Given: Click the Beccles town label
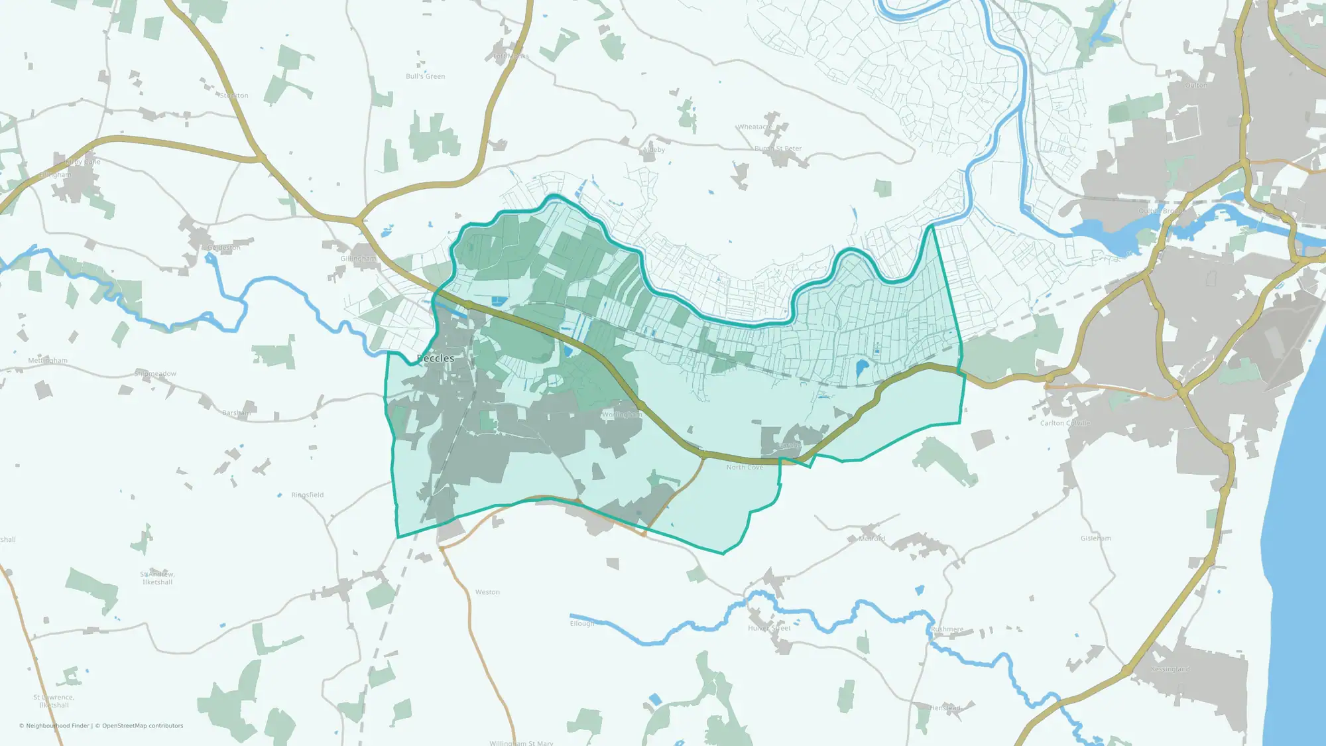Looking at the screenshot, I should point(436,359).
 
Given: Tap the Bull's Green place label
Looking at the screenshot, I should point(425,76).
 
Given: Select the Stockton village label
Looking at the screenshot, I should point(234,95).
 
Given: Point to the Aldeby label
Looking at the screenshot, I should point(654,150).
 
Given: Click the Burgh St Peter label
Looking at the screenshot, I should point(778,149).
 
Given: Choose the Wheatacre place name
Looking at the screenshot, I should point(754,127).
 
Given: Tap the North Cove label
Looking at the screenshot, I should point(745,467).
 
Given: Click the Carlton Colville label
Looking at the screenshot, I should point(1064,423).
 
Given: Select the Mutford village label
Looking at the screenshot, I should point(871,538).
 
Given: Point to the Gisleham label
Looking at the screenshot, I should point(1095,538).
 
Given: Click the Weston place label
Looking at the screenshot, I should point(487,592).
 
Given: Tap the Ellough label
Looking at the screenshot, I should point(581,623).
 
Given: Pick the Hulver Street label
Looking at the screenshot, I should point(769,628).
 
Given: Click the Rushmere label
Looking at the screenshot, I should point(947,629).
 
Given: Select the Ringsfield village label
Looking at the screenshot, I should point(307,495).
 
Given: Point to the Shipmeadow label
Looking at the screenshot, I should point(155,374).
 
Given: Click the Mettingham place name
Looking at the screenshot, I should point(48,361).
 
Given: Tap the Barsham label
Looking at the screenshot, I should point(236,413).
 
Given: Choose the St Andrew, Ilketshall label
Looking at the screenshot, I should point(157,578).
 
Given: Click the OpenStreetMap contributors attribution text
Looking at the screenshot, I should point(143,726).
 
